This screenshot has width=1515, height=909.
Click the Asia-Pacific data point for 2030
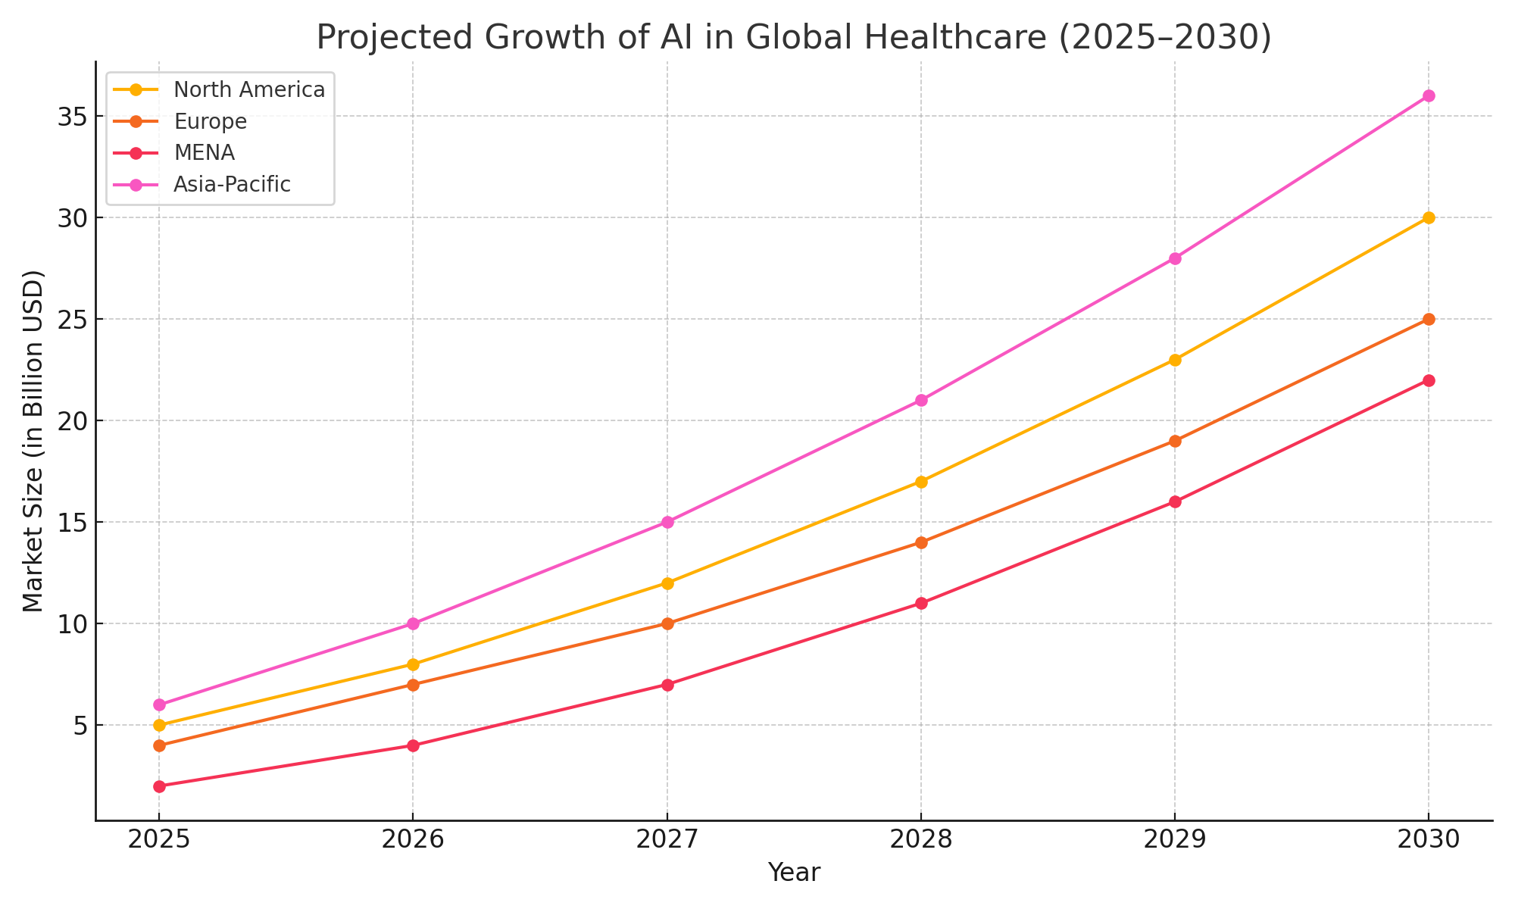coord(1428,95)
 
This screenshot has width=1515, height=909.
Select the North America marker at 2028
coord(920,482)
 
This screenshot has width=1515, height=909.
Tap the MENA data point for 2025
coord(159,786)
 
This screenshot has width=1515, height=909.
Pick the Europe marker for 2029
coord(1174,441)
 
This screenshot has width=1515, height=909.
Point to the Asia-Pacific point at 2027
coord(667,522)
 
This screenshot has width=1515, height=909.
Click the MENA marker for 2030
coord(1428,380)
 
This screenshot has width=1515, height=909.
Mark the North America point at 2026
coord(413,664)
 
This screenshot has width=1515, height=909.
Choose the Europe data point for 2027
coord(667,623)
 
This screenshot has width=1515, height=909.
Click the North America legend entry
coord(248,89)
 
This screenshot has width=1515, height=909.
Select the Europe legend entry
coord(210,121)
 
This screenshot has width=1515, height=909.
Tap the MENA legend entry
coord(204,152)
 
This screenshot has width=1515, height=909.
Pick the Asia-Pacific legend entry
coord(232,184)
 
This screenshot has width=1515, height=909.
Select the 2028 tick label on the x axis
coord(920,840)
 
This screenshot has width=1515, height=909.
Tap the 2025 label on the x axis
coord(159,840)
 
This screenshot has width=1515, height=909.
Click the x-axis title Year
coord(793,873)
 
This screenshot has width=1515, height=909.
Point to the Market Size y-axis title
coord(33,441)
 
